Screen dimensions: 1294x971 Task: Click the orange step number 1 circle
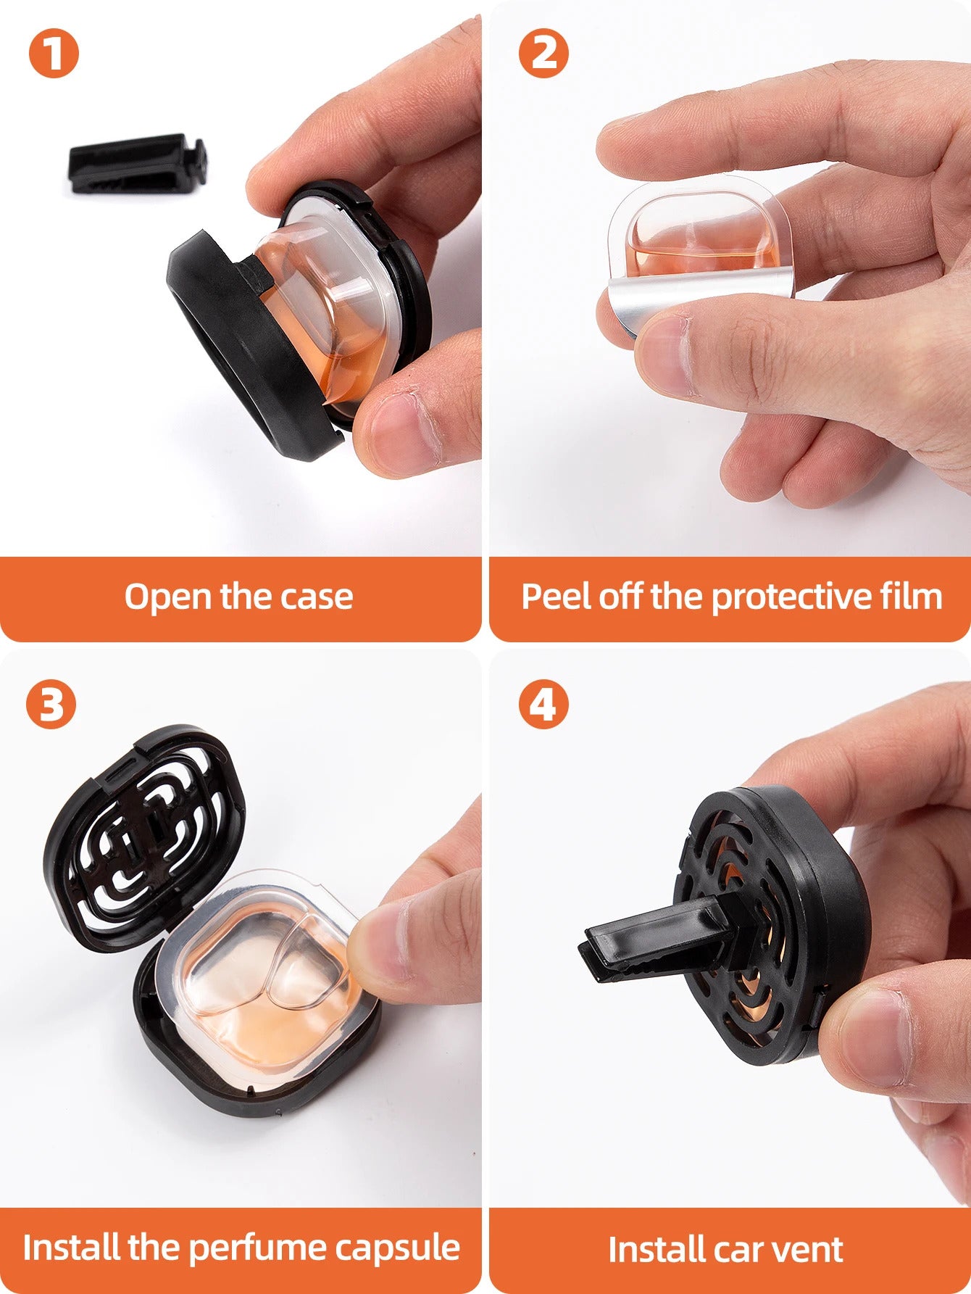click(53, 53)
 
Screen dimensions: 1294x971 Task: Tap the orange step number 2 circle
click(543, 53)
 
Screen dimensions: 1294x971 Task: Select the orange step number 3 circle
click(51, 703)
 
